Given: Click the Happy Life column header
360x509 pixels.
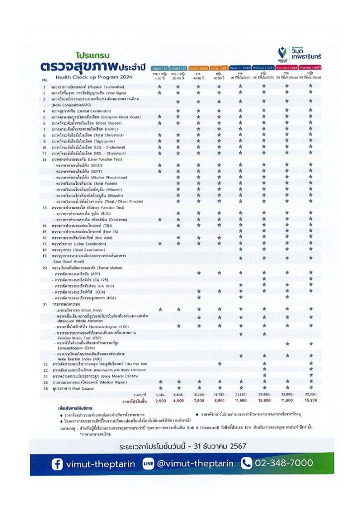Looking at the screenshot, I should pos(160,68).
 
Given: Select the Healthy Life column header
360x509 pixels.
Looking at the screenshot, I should pos(178,68).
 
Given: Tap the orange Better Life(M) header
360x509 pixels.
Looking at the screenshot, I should pos(198,68).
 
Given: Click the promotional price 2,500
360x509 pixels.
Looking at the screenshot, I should pos(160,400).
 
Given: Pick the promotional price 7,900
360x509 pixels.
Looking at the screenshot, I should pos(198,400).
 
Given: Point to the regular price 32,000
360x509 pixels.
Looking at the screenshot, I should pos(311,394).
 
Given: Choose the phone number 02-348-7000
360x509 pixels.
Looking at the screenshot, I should pos(283,463).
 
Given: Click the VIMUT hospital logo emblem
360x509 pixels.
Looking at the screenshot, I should pos(282,52).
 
